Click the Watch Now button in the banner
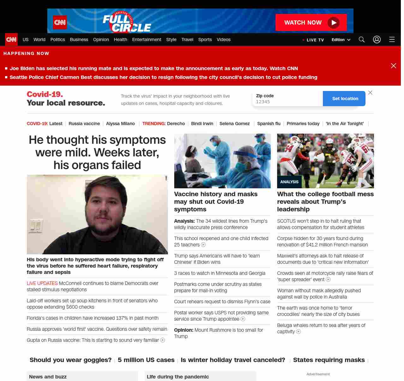tap(311, 22)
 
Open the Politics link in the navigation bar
tap(57, 39)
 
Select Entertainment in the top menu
tap(146, 39)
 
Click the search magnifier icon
tap(361, 39)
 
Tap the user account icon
tap(377, 39)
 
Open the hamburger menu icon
tap(392, 39)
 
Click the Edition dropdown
tap(341, 40)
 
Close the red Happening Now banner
tap(393, 66)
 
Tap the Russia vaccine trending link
tap(84, 124)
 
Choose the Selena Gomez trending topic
tap(235, 124)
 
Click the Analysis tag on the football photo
tap(289, 182)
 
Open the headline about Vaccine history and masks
tap(216, 202)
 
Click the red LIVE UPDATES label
tap(42, 283)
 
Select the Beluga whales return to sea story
tap(321, 325)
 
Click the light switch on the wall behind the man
tap(35, 226)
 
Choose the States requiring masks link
tap(329, 360)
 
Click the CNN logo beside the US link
tap(11, 39)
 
